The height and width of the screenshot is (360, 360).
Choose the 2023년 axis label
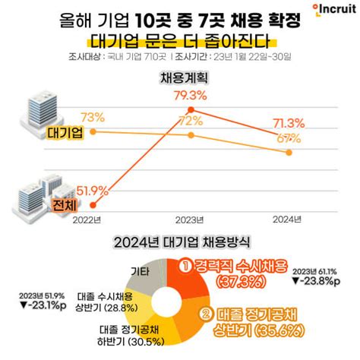[x=191, y=219]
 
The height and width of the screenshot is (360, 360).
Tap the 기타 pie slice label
[x=140, y=271]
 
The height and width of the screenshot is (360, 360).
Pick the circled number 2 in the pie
[x=204, y=312]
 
